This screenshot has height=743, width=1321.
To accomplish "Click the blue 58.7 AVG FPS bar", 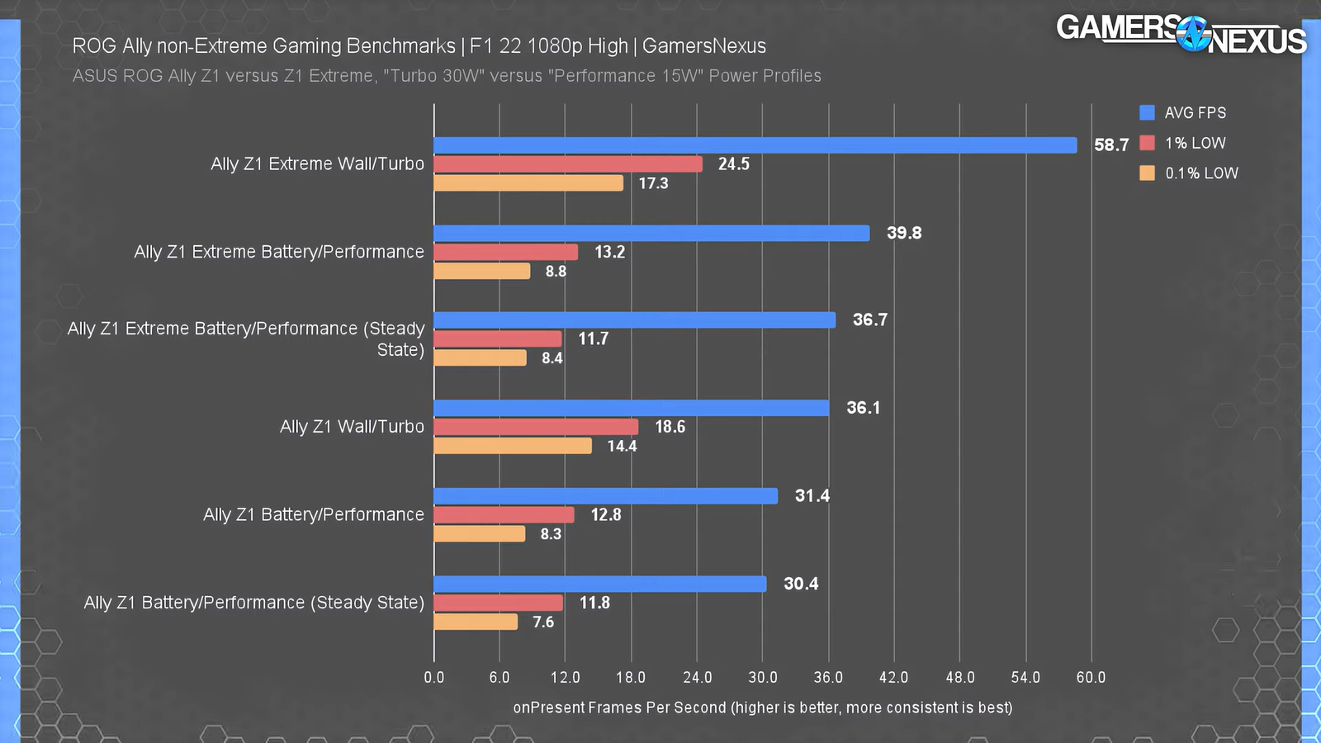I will click(755, 145).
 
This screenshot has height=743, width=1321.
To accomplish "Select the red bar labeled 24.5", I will click(568, 164).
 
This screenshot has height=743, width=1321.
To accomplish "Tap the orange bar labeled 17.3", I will click(528, 183).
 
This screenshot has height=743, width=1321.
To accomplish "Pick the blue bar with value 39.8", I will click(651, 233).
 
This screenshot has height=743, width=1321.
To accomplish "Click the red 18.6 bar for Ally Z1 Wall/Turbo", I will click(536, 427).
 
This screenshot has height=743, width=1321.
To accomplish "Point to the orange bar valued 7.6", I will click(476, 622).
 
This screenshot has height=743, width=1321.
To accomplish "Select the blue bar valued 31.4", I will click(605, 495).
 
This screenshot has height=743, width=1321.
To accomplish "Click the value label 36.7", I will click(870, 319).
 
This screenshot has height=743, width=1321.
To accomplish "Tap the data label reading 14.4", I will click(622, 446).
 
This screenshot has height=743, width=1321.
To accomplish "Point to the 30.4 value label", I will click(801, 584).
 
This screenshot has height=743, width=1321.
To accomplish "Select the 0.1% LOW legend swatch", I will click(1147, 173).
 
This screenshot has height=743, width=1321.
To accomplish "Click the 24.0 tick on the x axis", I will click(697, 678).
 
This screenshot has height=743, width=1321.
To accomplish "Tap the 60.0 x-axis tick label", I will click(1091, 678).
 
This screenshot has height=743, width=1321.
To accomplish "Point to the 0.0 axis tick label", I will click(433, 678).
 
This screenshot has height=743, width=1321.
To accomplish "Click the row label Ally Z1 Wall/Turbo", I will click(352, 427).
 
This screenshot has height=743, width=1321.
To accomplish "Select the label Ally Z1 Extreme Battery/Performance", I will click(279, 252).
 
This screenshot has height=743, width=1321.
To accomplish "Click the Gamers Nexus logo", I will click(1181, 34).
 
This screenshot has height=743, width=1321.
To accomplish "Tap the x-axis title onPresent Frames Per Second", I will click(762, 708).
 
